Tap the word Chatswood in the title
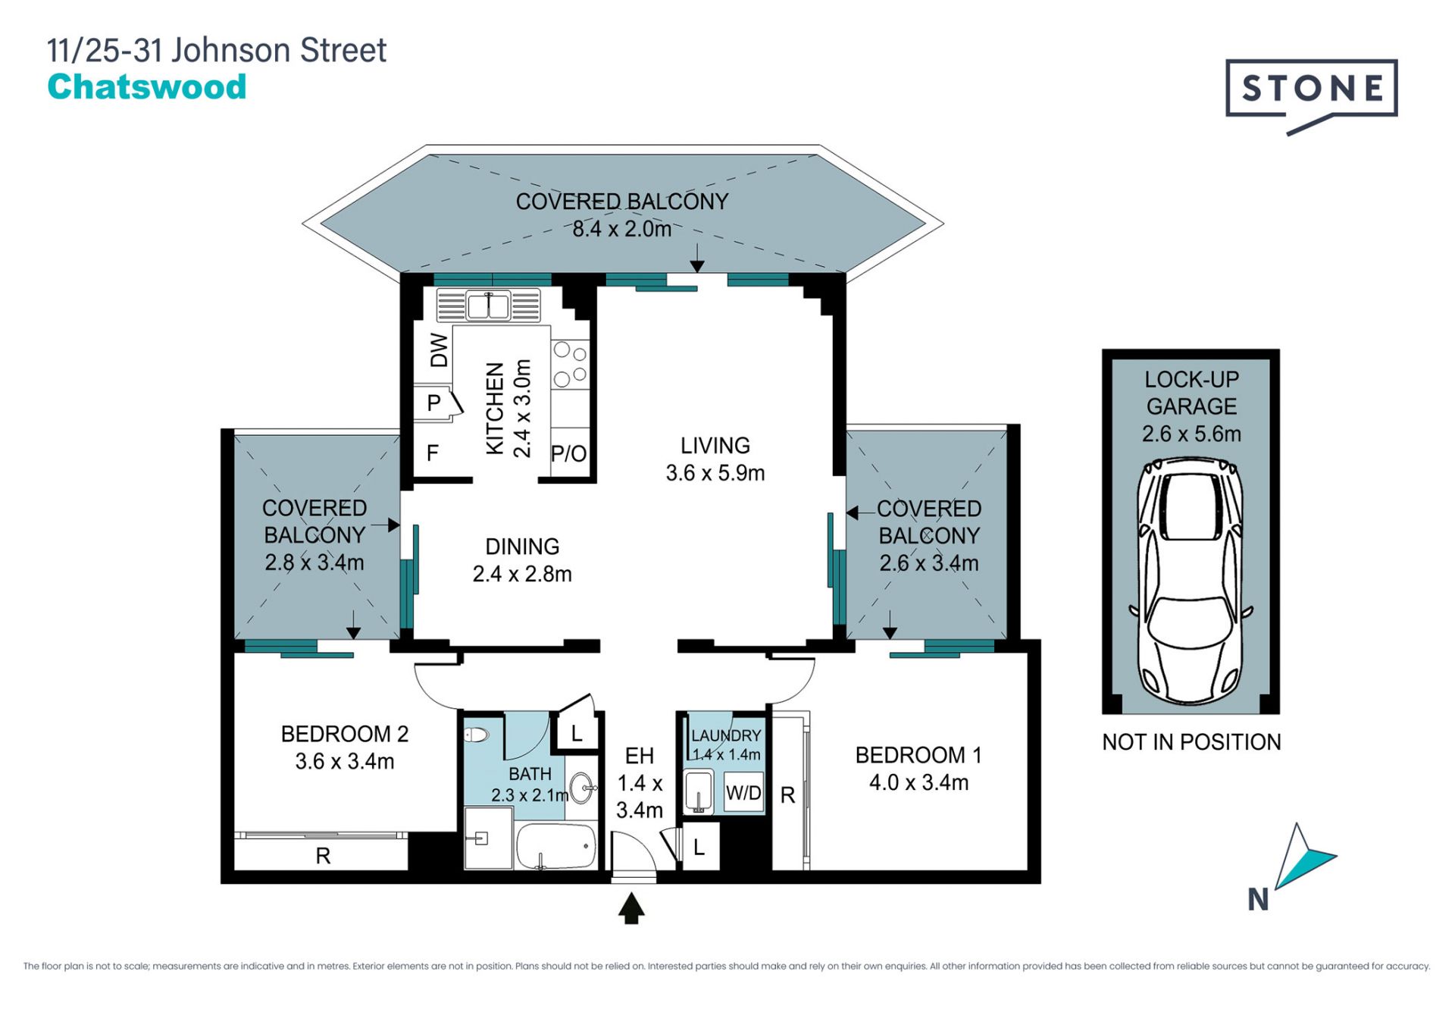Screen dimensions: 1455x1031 coord(147,87)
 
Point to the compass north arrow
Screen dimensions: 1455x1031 coord(1301,858)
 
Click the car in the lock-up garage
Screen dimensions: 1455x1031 coord(1191,581)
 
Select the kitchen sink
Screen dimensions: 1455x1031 coord(488,306)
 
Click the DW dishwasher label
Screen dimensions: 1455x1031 coord(439,350)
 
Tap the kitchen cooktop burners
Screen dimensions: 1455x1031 coord(570,364)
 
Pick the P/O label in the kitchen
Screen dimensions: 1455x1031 coord(568,453)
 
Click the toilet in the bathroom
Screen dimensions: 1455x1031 coord(477,735)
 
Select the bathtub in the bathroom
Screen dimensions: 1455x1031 coord(556,846)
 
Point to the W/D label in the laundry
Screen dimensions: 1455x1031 coord(743,793)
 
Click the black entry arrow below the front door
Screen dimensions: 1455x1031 coord(631,908)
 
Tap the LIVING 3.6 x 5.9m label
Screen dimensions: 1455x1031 coord(715,459)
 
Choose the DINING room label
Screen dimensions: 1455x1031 coord(522,560)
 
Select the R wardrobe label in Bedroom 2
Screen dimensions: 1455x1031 coord(323,856)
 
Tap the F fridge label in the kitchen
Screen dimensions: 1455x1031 coord(433,453)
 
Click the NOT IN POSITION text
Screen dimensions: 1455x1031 coord(1191,742)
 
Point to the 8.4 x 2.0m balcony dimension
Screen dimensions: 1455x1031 coord(621,229)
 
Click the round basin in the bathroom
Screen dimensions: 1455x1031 coord(581,788)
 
